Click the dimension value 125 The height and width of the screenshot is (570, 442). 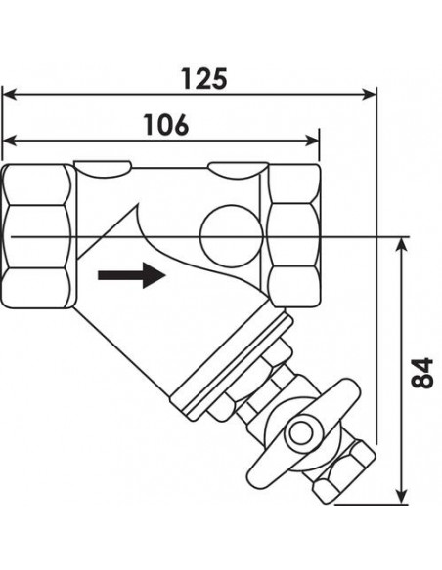click(204, 78)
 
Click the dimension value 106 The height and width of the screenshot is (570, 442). click(166, 124)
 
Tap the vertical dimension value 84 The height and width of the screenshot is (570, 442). click(422, 373)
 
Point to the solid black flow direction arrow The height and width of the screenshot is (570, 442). click(132, 275)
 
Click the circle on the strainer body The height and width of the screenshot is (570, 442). click(231, 236)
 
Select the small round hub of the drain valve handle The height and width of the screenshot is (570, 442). click(301, 433)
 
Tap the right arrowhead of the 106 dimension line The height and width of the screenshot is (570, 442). click(312, 141)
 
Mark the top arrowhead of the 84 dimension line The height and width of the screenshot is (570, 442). click(401, 245)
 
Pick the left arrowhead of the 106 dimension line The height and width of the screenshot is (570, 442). click(10, 141)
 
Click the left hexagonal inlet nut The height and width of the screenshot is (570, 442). click(38, 236)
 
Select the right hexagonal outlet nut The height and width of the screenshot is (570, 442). click(293, 235)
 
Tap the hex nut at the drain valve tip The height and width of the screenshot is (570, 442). click(343, 471)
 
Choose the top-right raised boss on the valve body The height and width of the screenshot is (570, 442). click(238, 170)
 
